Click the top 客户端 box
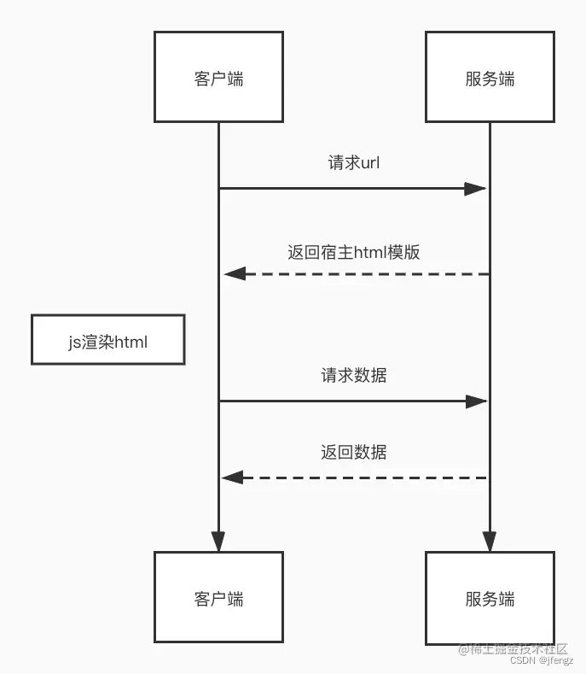pos(218,78)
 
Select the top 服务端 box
pos(490,78)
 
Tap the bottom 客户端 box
pos(218,597)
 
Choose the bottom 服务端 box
pos(490,597)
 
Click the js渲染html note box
pos(107,341)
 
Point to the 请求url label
pos(354,163)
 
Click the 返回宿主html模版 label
pos(354,252)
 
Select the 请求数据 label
pos(354,375)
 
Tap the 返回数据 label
pos(354,452)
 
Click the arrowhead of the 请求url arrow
pos(475,188)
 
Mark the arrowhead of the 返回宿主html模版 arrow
pos(235,273)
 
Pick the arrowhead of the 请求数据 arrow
pos(475,401)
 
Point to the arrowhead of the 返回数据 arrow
pos(233,478)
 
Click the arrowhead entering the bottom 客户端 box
pos(218,541)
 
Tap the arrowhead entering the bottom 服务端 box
pos(490,541)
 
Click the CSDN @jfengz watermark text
pos(540,660)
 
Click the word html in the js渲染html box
pos(131,342)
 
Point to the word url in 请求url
pos(370,163)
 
